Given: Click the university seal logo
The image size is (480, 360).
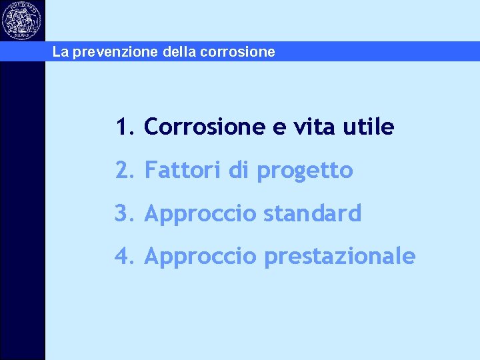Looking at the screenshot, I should (22, 21).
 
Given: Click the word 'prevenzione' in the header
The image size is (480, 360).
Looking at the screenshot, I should (114, 52).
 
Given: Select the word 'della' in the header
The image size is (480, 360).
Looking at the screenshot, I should (177, 52).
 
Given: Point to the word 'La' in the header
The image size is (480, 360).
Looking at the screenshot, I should (60, 52).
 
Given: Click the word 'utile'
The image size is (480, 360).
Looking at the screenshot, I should (373, 127).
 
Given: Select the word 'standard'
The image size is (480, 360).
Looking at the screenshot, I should (312, 213).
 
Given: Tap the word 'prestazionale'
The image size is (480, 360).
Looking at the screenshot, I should (339, 257).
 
